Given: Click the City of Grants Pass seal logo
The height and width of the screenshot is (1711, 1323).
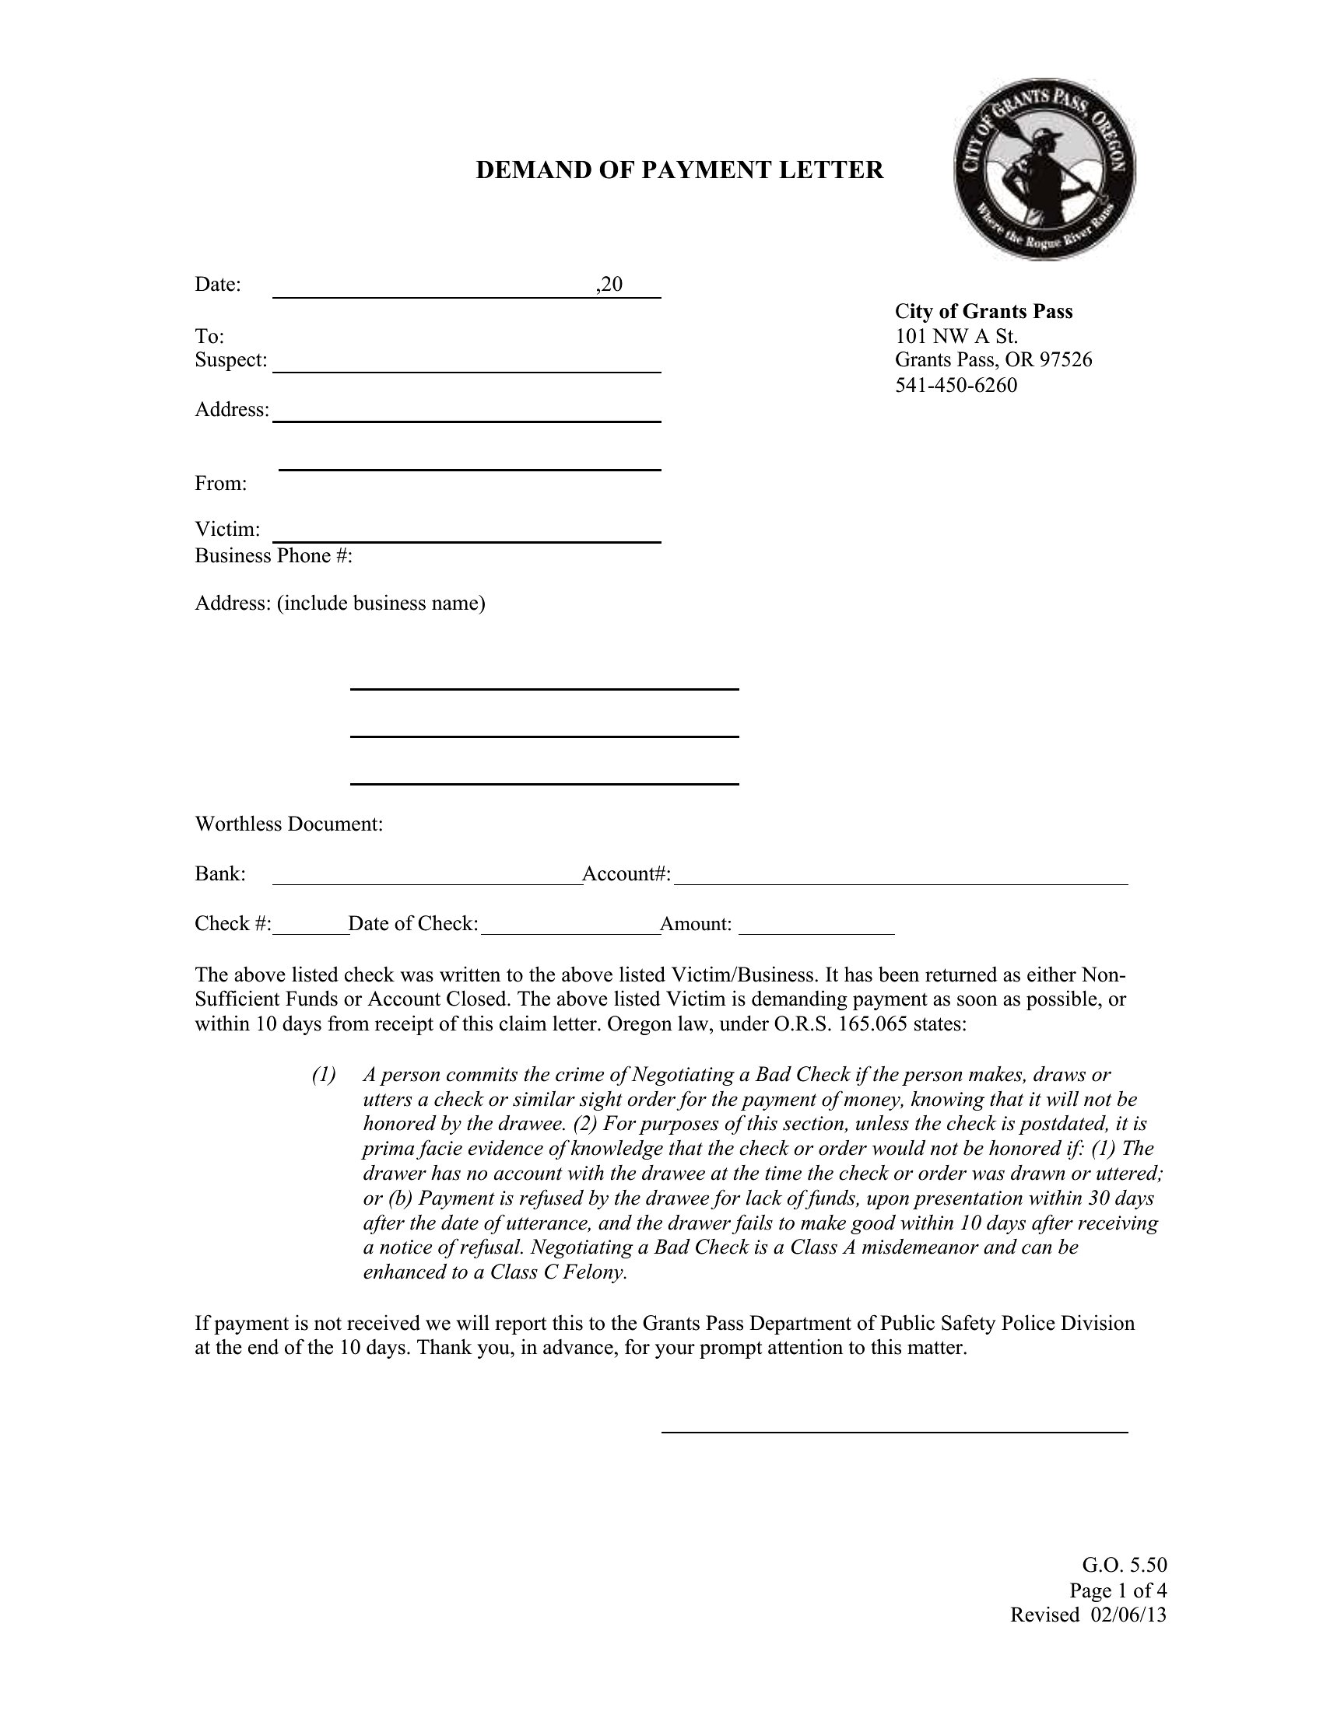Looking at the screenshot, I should pyautogui.click(x=1044, y=170).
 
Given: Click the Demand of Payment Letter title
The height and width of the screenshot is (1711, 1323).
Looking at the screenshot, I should pyautogui.click(x=679, y=170).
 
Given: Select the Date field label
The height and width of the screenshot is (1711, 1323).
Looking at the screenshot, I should pyautogui.click(x=217, y=285).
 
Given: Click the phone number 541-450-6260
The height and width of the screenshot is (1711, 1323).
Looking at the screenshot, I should pyautogui.click(x=956, y=386).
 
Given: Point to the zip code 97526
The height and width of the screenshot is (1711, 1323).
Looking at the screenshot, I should pyautogui.click(x=1065, y=360).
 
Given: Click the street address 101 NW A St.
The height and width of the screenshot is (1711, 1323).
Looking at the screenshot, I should pyautogui.click(x=956, y=337).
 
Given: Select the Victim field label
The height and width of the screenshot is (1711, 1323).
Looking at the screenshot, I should pyautogui.click(x=227, y=530).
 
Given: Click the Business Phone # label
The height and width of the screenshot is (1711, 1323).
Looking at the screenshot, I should pyautogui.click(x=273, y=555).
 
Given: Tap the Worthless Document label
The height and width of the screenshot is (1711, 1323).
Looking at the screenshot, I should pyautogui.click(x=289, y=824).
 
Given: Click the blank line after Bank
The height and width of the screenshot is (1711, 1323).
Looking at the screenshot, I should pyautogui.click(x=427, y=882).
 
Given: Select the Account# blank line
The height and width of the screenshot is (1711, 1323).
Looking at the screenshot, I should pyautogui.click(x=900, y=882).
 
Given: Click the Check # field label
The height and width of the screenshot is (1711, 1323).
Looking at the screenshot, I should pyautogui.click(x=233, y=924).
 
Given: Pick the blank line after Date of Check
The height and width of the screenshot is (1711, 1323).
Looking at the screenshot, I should pyautogui.click(x=570, y=932).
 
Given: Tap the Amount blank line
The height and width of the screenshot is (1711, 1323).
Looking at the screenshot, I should pyautogui.click(x=816, y=932).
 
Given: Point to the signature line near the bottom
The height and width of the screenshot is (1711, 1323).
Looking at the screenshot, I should pyautogui.click(x=894, y=1431).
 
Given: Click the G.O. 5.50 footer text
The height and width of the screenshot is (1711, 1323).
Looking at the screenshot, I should pyautogui.click(x=1124, y=1566).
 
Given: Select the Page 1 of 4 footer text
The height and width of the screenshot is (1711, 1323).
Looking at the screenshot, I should pyautogui.click(x=1118, y=1590).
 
